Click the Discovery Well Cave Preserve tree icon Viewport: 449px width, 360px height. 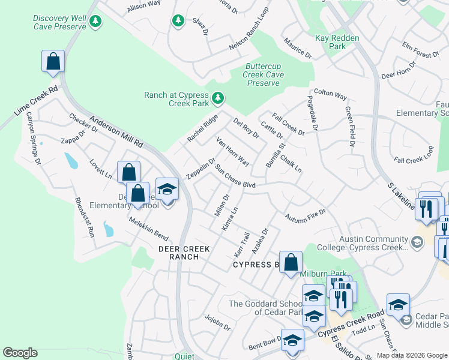(x=95, y=22)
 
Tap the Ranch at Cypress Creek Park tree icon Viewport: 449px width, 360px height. (x=218, y=97)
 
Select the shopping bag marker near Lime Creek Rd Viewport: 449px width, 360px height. (x=53, y=61)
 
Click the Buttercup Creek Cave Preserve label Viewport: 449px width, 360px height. (x=264, y=74)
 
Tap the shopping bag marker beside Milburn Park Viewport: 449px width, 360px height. (x=291, y=263)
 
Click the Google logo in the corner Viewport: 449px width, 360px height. (x=20, y=353)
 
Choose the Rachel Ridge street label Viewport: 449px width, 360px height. (x=202, y=128)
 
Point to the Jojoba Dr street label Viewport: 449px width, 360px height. (x=217, y=322)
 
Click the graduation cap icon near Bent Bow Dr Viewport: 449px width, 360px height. (x=292, y=341)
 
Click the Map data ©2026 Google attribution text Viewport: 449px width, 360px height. (x=411, y=355)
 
